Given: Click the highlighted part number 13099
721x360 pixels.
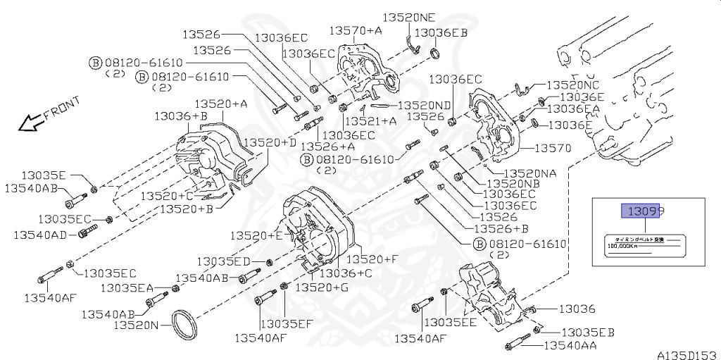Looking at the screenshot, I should coord(641,210).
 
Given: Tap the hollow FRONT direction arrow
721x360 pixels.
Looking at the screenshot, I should coord(30,124).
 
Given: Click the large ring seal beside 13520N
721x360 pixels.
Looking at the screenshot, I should coord(187,323).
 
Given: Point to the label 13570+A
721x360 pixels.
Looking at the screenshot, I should coord(356,30).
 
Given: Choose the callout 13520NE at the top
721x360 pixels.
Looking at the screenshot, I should coord(409,18).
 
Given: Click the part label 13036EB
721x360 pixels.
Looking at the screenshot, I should coord(441,32).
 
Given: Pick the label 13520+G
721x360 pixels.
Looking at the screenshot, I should coord(321,287).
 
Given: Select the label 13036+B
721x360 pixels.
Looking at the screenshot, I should coord(181,116).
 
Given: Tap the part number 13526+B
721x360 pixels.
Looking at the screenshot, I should coord(501,229).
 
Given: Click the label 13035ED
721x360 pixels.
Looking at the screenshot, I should coord(223,261).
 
